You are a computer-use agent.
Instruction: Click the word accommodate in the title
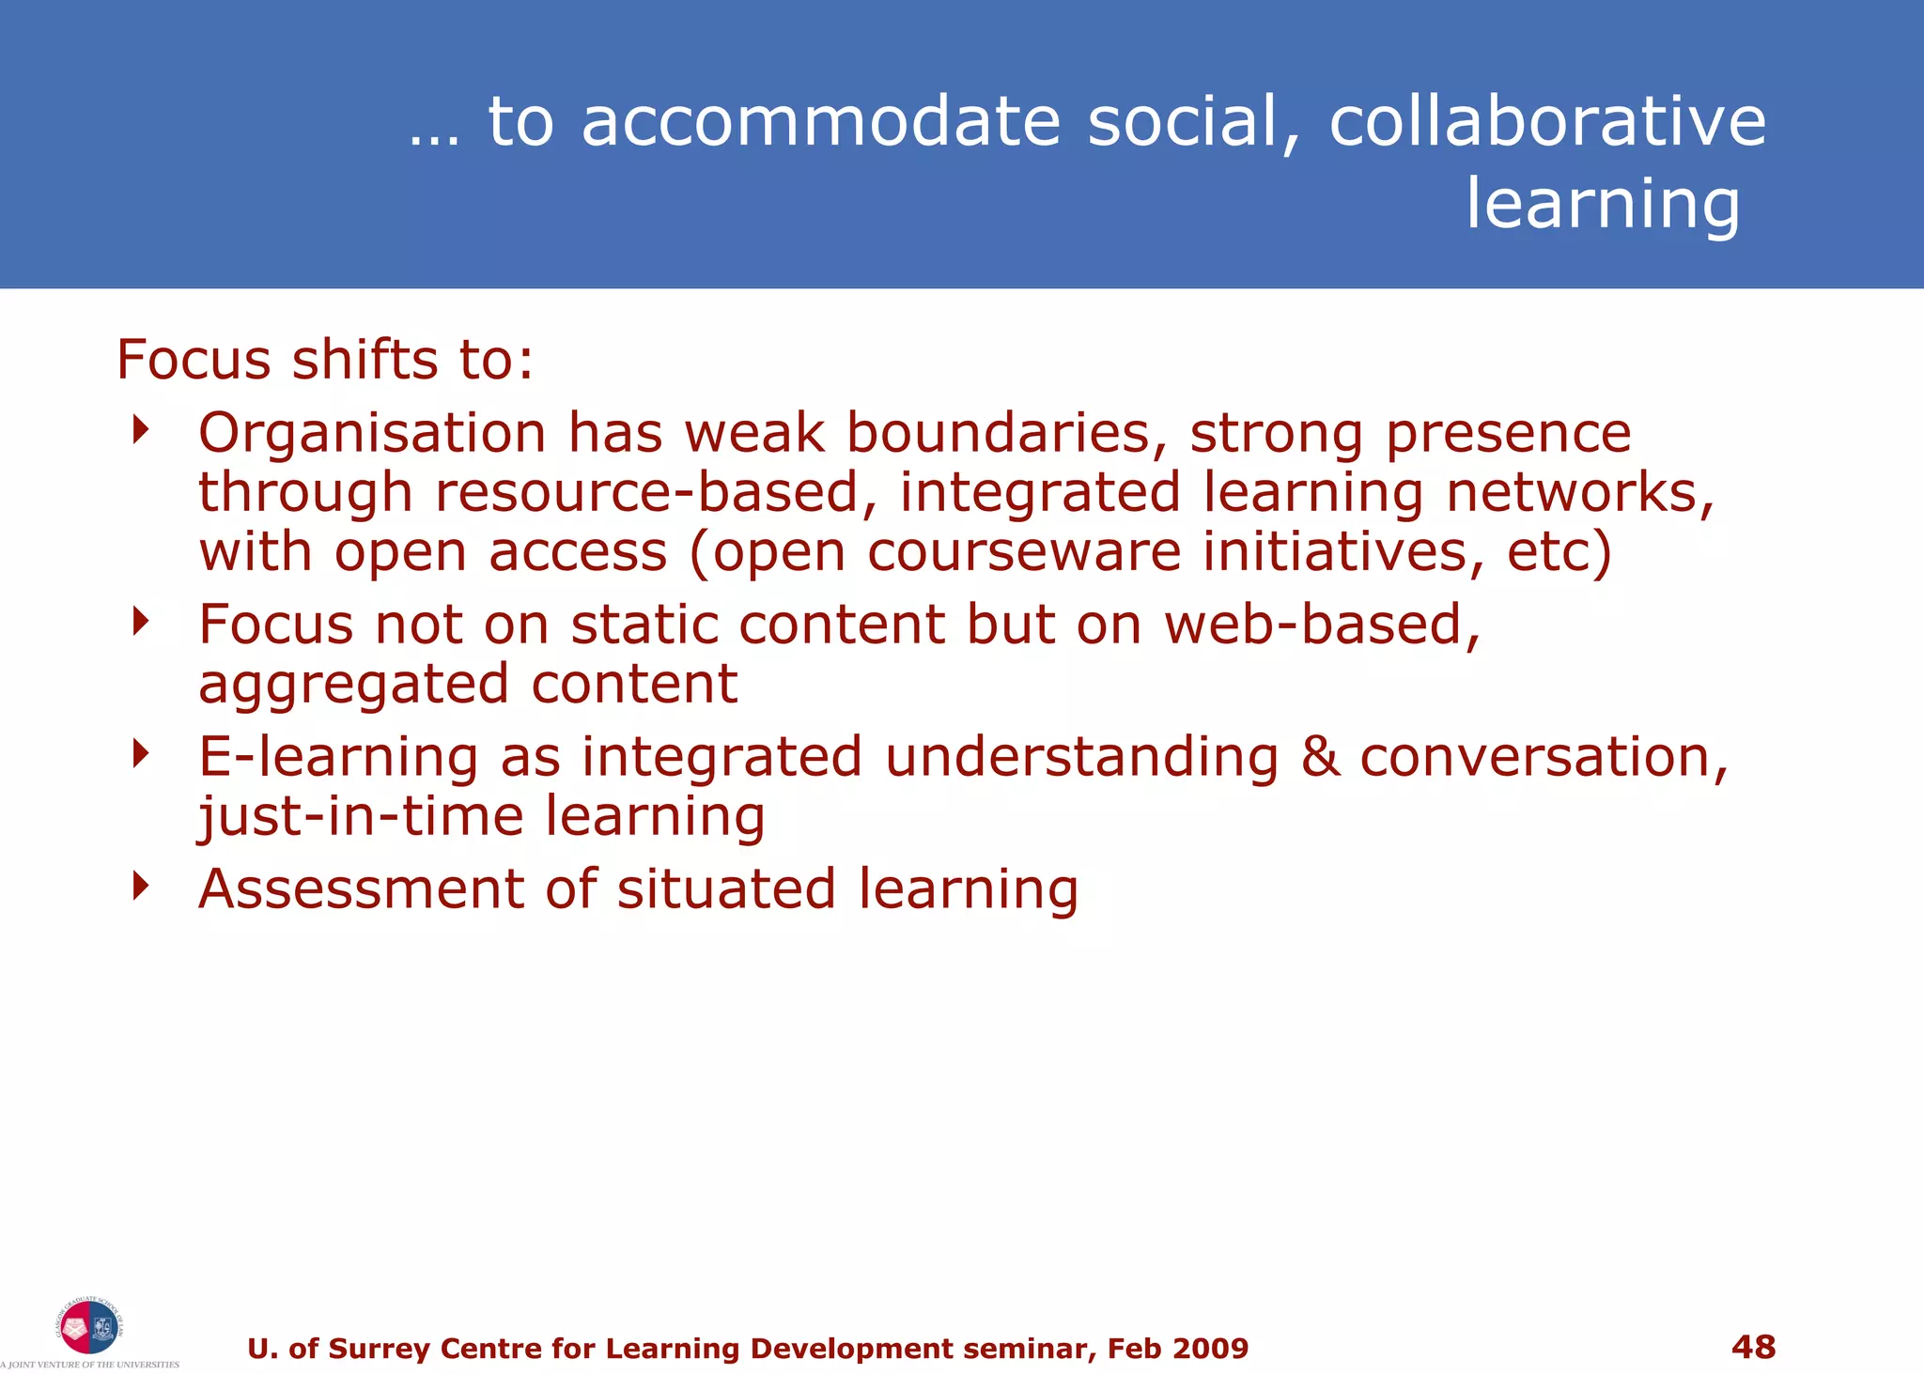(821, 122)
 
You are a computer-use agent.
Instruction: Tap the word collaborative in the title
(1547, 122)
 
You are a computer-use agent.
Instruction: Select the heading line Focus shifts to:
(325, 360)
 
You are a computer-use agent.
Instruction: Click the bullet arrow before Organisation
(141, 430)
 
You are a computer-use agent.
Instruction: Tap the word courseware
(1023, 552)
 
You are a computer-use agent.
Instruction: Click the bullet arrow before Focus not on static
(141, 621)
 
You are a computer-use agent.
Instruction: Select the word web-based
(1323, 625)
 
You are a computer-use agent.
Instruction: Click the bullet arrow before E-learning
(141, 753)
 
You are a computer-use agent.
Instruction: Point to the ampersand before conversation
(1320, 757)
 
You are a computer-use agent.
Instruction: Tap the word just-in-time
(360, 816)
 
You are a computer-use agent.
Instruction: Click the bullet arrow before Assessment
(141, 885)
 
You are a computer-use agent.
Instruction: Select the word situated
(725, 889)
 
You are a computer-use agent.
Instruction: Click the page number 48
(1753, 1347)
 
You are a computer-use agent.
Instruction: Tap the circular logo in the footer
(88, 1326)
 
